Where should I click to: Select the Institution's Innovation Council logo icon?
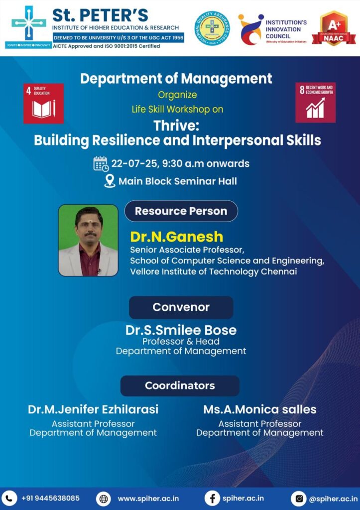(x=250, y=29)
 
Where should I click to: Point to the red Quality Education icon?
(x=43, y=103)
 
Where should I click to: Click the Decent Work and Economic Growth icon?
(x=315, y=102)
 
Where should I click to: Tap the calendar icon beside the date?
(x=101, y=163)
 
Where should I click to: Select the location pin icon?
(x=110, y=181)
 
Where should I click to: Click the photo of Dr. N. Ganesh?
(x=88, y=240)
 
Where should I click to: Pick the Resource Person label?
(x=181, y=211)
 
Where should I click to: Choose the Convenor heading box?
(x=181, y=307)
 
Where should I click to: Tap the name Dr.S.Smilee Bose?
(x=181, y=330)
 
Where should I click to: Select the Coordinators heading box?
(x=180, y=385)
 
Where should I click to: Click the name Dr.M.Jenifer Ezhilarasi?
(x=93, y=409)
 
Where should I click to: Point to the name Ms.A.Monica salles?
(x=259, y=409)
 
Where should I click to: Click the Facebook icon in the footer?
(x=212, y=498)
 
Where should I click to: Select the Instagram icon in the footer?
(x=298, y=498)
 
